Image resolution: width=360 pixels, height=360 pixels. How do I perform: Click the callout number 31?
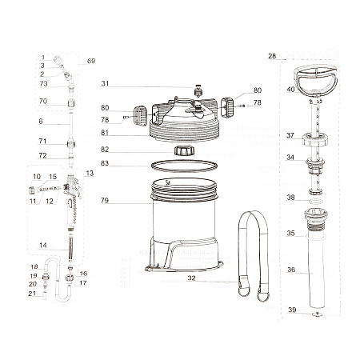[105, 83]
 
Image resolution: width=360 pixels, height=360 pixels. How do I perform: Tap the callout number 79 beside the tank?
[105, 200]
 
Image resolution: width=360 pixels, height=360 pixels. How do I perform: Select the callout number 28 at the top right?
[272, 56]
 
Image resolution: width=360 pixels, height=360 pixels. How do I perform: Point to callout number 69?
[91, 61]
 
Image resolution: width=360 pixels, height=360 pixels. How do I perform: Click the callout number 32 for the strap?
[191, 278]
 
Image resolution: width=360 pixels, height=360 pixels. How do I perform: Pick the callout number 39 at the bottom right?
[292, 310]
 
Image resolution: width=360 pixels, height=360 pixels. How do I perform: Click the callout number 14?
[43, 245]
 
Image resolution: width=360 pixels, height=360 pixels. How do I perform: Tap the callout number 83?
[105, 163]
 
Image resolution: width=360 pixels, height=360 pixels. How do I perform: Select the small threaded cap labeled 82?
[184, 150]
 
